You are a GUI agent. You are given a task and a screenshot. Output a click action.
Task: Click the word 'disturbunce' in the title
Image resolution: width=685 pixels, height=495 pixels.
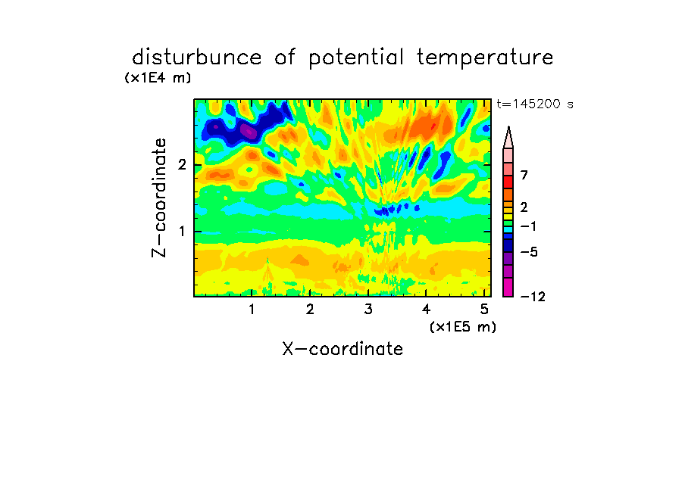point(197,58)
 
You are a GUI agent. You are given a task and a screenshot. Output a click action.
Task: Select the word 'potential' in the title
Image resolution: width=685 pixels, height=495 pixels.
point(356,58)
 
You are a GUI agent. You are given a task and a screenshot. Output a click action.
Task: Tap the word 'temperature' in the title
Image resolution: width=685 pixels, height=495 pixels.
point(485,58)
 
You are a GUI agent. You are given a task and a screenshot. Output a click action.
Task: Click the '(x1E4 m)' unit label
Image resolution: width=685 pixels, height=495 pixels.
point(158,78)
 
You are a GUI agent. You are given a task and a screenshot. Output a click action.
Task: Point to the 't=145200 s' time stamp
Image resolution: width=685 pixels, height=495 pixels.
point(535,104)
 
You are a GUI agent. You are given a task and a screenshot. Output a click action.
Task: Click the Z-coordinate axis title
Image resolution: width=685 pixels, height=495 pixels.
point(159,198)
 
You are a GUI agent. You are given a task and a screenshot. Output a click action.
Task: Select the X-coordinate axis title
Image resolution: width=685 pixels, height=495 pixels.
point(342,349)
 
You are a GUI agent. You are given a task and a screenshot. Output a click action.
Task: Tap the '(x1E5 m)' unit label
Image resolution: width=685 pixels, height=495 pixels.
point(463,326)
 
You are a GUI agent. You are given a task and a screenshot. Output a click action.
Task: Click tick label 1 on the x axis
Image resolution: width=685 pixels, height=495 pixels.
point(252,309)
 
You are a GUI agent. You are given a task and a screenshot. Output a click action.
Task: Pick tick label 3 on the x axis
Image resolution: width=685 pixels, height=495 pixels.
point(368,309)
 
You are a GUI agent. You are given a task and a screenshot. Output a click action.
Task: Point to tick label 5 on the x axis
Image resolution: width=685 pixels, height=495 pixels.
point(484,309)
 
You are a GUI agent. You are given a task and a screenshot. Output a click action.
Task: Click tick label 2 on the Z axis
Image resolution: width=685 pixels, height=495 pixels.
point(182,164)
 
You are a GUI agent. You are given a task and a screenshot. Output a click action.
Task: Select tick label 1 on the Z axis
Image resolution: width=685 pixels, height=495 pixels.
point(182,231)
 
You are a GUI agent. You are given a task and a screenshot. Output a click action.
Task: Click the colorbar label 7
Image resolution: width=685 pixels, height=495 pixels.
point(524,175)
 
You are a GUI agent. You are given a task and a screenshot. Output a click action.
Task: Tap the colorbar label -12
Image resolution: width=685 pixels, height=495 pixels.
point(533,297)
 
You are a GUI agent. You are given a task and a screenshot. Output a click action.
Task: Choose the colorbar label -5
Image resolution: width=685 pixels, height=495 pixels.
point(529,252)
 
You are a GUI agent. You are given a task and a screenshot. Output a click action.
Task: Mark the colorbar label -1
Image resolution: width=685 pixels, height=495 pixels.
point(528,226)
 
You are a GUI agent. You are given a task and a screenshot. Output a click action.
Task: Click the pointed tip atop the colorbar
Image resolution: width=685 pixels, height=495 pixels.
point(508,126)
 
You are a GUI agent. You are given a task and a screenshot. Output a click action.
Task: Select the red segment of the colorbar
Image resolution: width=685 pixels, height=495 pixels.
point(508,182)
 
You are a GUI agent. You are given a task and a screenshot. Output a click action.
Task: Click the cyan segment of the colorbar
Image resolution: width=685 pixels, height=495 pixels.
point(508,229)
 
